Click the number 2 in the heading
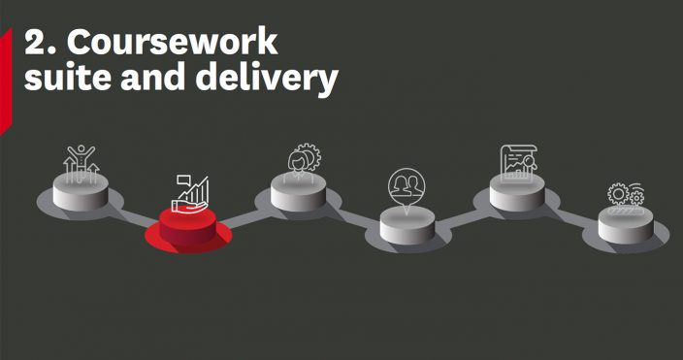click(36, 43)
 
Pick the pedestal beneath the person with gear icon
click(299, 194)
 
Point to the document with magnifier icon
click(517, 162)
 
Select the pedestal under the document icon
click(517, 194)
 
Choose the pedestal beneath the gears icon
click(626, 225)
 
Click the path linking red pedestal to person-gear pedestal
click(244, 215)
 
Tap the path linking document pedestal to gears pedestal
click(573, 212)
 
